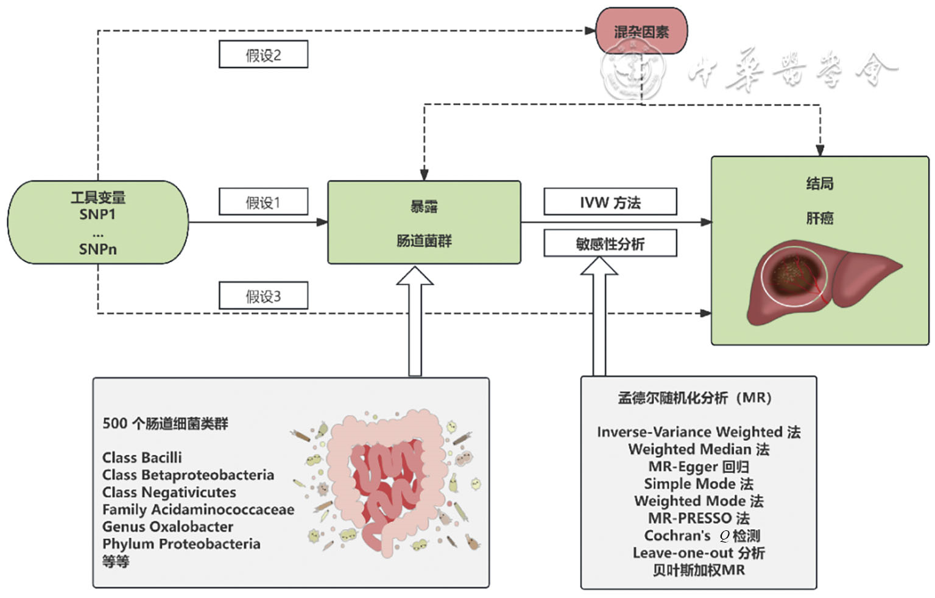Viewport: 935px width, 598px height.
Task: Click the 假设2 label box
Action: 263,55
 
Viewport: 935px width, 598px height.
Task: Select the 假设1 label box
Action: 263,202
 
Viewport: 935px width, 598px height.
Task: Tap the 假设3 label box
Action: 263,296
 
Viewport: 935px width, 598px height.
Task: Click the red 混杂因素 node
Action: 641,31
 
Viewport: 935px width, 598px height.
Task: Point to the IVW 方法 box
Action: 610,202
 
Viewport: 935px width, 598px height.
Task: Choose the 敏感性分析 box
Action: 610,244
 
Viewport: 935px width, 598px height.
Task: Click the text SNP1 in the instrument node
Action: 97,215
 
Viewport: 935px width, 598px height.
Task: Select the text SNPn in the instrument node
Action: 97,249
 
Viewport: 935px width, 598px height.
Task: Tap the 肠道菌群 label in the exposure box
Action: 424,241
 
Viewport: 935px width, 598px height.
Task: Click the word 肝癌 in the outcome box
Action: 819,218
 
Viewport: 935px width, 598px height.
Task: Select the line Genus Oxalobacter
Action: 168,527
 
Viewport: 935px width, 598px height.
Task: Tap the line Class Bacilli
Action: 142,458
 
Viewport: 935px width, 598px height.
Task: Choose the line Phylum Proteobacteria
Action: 181,544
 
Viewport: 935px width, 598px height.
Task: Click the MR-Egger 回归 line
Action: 698,467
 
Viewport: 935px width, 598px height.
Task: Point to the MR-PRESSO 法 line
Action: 698,519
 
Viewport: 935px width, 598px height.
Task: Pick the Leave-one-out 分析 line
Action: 698,553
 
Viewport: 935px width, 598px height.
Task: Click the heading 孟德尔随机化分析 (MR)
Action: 695,398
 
